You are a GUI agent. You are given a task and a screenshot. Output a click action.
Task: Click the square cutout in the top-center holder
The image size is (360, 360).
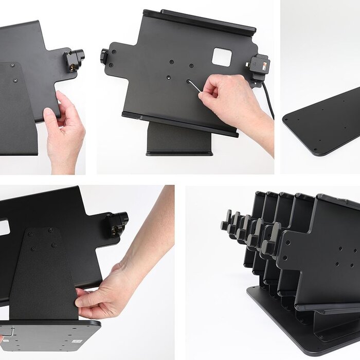[222, 57]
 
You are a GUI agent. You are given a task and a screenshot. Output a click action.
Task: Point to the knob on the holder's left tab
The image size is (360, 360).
[104, 56]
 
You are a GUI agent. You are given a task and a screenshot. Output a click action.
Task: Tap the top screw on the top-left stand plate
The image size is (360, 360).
[12, 66]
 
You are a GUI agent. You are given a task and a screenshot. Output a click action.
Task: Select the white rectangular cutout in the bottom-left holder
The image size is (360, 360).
[4, 227]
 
